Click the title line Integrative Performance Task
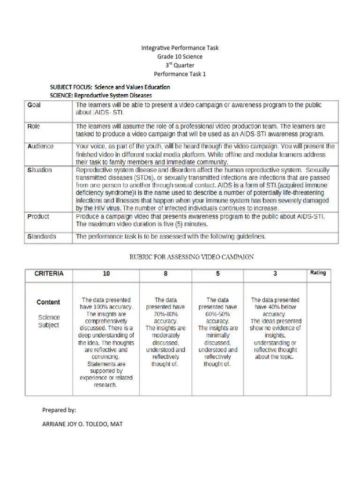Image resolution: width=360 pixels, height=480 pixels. [180, 48]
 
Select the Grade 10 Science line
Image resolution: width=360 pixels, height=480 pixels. [180, 57]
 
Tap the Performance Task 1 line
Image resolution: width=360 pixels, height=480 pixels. [180, 74]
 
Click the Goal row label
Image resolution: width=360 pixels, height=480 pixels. [34, 105]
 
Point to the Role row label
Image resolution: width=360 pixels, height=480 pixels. [34, 126]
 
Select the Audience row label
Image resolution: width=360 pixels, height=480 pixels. [40, 146]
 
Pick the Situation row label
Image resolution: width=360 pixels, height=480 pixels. [39, 170]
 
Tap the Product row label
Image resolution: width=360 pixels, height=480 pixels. [38, 217]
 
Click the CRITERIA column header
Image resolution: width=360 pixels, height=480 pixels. [49, 273]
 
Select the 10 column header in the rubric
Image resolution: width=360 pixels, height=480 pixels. [106, 273]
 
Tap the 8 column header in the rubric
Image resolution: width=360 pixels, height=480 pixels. [165, 273]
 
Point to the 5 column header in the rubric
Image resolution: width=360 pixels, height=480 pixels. [217, 273]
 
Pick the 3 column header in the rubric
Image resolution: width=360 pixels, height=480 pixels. [275, 273]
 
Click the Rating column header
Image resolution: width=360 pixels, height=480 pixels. [318, 273]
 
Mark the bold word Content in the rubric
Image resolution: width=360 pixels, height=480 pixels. [48, 302]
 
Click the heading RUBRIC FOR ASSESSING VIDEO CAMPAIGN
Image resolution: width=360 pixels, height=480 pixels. [191, 257]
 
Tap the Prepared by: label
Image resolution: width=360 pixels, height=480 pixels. [59, 410]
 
